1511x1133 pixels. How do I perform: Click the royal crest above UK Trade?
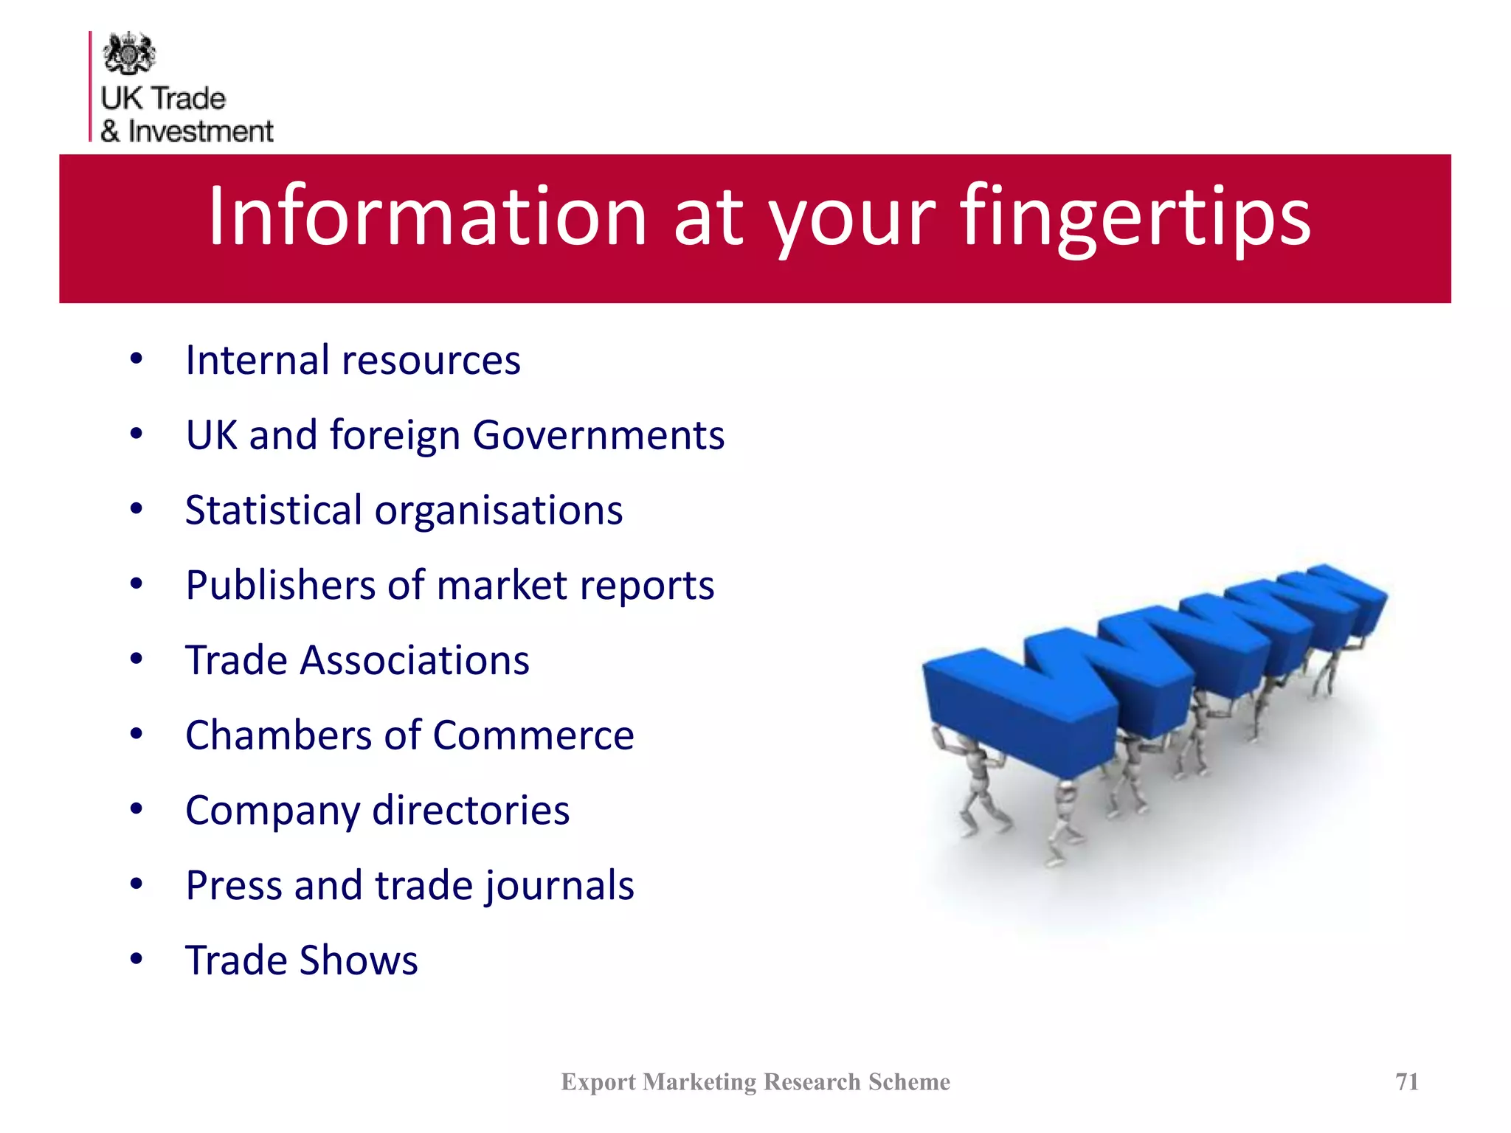pos(129,53)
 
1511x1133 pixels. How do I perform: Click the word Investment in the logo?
pos(200,131)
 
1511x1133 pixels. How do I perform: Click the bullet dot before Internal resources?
pos(136,360)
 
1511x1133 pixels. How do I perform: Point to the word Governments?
pos(598,435)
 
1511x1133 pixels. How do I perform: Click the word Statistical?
pos(274,510)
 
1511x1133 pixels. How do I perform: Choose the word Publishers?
pos(280,586)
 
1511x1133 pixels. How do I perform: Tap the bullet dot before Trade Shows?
pos(136,960)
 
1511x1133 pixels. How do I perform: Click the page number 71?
pos(1407,1081)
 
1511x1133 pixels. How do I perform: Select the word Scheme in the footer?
pos(909,1081)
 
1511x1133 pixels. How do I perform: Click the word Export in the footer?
pos(598,1081)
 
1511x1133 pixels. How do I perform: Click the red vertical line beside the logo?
pos(91,86)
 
